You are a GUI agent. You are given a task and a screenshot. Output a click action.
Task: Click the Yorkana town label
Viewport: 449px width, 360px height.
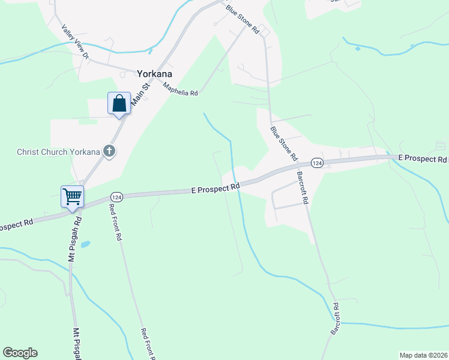point(154,74)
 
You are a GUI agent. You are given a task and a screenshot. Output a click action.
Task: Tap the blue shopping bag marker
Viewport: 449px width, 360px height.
point(119,103)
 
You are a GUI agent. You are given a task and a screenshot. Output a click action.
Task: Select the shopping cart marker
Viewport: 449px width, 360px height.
point(72,196)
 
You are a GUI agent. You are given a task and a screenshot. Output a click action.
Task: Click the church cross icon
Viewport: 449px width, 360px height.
point(109,151)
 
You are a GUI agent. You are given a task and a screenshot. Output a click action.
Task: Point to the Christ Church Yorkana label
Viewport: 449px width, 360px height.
point(58,151)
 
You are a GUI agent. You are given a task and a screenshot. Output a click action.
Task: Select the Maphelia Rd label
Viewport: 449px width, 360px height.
point(180,89)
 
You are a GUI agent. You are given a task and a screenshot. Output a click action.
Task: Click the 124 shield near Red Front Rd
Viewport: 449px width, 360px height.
point(116,197)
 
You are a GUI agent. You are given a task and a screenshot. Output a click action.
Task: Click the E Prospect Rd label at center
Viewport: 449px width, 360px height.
point(215,188)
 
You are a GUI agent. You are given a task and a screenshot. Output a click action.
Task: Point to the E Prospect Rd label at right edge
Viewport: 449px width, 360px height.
point(423,158)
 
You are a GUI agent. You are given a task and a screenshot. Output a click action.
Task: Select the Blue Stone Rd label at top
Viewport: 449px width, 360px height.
point(242,19)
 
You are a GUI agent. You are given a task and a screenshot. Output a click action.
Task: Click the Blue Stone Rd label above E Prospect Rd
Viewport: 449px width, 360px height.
point(283,143)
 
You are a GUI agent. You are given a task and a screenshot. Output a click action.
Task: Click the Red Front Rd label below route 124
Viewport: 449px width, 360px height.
point(115,222)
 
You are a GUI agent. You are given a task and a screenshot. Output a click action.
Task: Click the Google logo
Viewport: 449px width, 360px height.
point(20,353)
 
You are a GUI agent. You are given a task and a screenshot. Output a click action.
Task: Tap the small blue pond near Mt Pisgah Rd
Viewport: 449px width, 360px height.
point(85,245)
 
